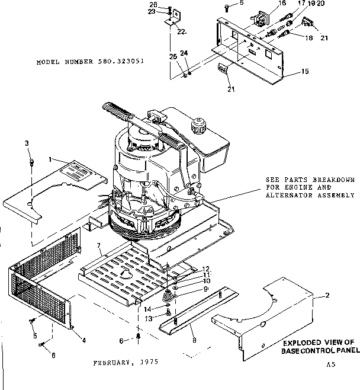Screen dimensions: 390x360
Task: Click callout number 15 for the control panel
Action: pos(305,72)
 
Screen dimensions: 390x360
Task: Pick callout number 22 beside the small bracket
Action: pos(181,31)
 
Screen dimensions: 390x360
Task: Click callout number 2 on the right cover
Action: pos(327,295)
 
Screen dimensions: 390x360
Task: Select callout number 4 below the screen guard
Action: pos(83,340)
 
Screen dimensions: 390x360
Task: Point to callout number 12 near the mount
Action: pos(207,268)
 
